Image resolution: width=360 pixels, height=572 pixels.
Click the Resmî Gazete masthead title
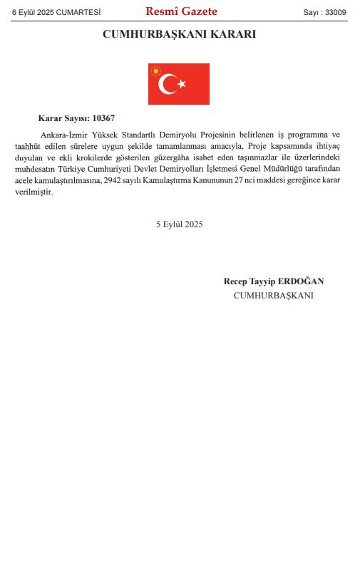(181, 11)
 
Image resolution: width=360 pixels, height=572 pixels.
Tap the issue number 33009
(335, 12)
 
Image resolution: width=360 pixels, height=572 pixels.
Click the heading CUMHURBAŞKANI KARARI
(180, 34)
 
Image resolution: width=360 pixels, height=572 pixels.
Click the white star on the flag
(182, 84)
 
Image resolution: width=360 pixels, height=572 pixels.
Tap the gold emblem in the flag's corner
(155, 70)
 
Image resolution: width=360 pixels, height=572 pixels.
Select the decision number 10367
(103, 118)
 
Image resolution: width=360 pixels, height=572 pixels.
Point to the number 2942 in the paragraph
(114, 181)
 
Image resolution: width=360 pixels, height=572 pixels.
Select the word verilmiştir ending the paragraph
(34, 192)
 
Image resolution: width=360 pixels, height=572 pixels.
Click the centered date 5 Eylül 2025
(180, 224)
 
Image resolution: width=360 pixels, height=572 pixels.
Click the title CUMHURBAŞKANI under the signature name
(274, 296)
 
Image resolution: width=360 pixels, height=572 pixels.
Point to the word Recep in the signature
(236, 281)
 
